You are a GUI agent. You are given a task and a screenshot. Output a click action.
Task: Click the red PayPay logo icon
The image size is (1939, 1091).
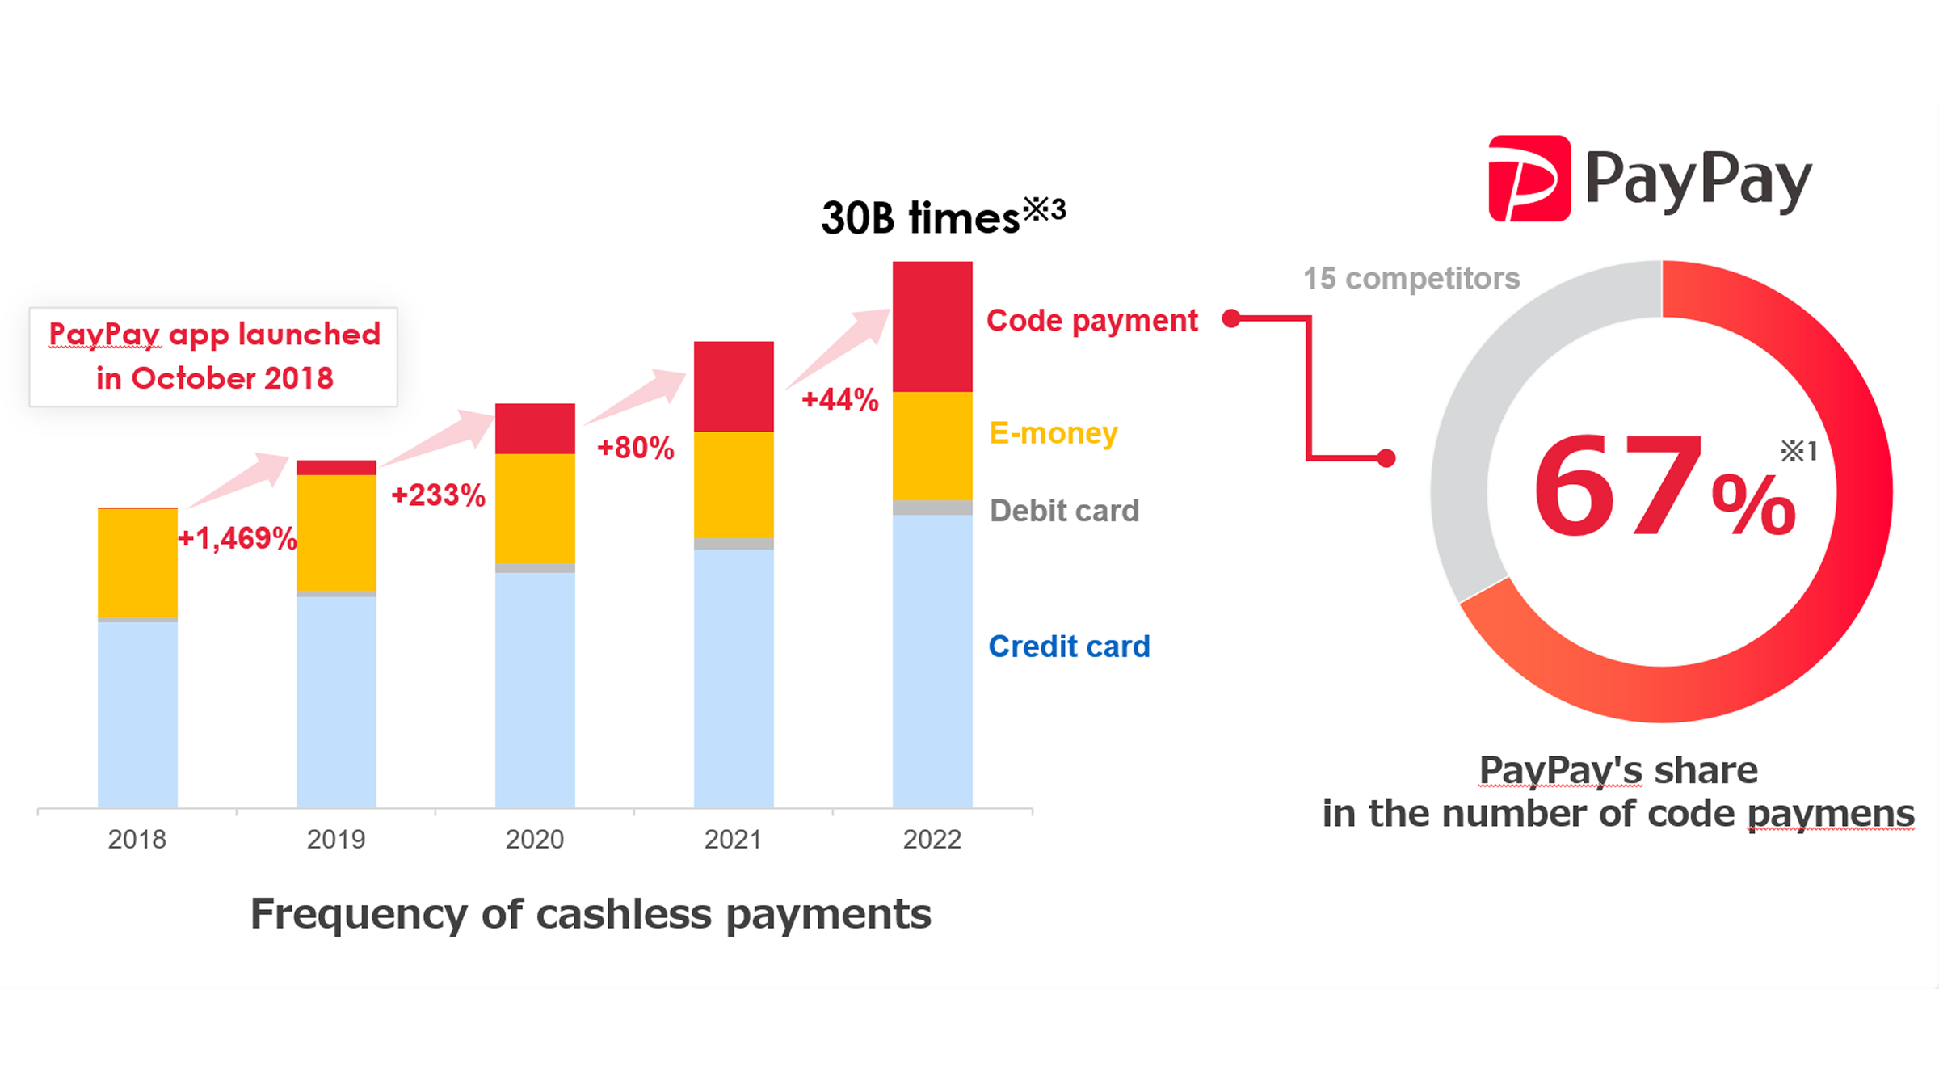[x=1529, y=179]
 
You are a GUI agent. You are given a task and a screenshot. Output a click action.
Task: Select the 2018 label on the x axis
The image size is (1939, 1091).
[x=137, y=840]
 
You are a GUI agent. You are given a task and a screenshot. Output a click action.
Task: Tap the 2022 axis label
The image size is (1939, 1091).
[x=932, y=840]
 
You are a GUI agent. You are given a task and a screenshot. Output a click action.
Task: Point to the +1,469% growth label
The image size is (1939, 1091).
[x=238, y=538]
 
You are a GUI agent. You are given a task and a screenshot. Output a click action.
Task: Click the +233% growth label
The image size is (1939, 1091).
[x=438, y=495]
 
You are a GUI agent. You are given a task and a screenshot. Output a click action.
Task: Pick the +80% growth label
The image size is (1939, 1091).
[x=635, y=448]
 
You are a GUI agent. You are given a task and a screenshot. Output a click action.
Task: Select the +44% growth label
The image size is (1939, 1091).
[x=840, y=400]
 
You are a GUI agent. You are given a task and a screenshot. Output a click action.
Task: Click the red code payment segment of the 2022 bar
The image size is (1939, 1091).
[x=932, y=326]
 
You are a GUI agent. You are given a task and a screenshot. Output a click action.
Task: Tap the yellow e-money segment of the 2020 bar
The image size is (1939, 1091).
[x=535, y=508]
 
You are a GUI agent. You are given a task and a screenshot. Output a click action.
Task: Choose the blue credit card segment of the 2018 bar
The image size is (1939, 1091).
[x=137, y=714]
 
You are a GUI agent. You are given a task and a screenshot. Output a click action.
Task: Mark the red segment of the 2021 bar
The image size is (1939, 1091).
[x=734, y=386]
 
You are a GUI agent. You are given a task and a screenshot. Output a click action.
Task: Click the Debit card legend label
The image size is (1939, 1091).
[x=1065, y=511]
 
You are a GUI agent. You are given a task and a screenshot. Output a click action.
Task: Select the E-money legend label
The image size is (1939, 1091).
[x=1054, y=433]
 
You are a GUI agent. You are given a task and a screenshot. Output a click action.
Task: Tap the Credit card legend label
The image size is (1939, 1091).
[x=1069, y=647]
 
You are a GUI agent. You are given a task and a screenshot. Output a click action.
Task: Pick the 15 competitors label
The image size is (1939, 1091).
[x=1411, y=279]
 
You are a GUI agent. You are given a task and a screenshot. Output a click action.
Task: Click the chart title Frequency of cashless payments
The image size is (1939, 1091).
[x=591, y=915]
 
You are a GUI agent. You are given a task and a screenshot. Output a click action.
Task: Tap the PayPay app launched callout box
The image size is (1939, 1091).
[x=214, y=356]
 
